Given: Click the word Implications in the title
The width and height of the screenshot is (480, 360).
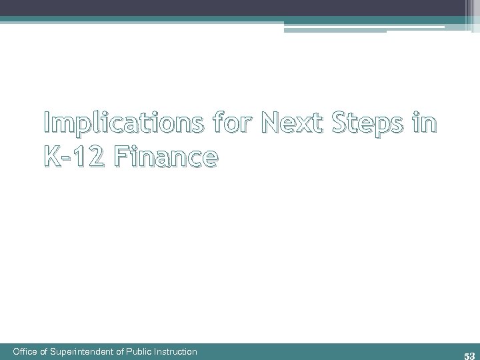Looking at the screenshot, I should [110, 124].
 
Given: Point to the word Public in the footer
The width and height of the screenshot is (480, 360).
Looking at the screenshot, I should [141, 351].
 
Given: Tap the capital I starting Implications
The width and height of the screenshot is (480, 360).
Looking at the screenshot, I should [48, 124].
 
